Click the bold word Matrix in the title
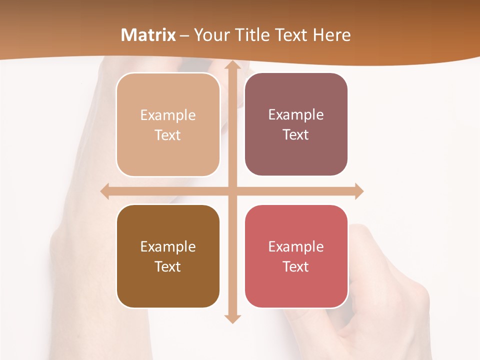click(148, 35)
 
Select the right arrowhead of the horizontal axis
click(358, 191)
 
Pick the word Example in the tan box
click(168, 115)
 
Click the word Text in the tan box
click(168, 135)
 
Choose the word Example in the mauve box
click(296, 115)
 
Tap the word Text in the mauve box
click(296, 135)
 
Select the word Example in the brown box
click(168, 247)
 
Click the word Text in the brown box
click(168, 266)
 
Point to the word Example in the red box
click(296, 247)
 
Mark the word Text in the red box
click(296, 266)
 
